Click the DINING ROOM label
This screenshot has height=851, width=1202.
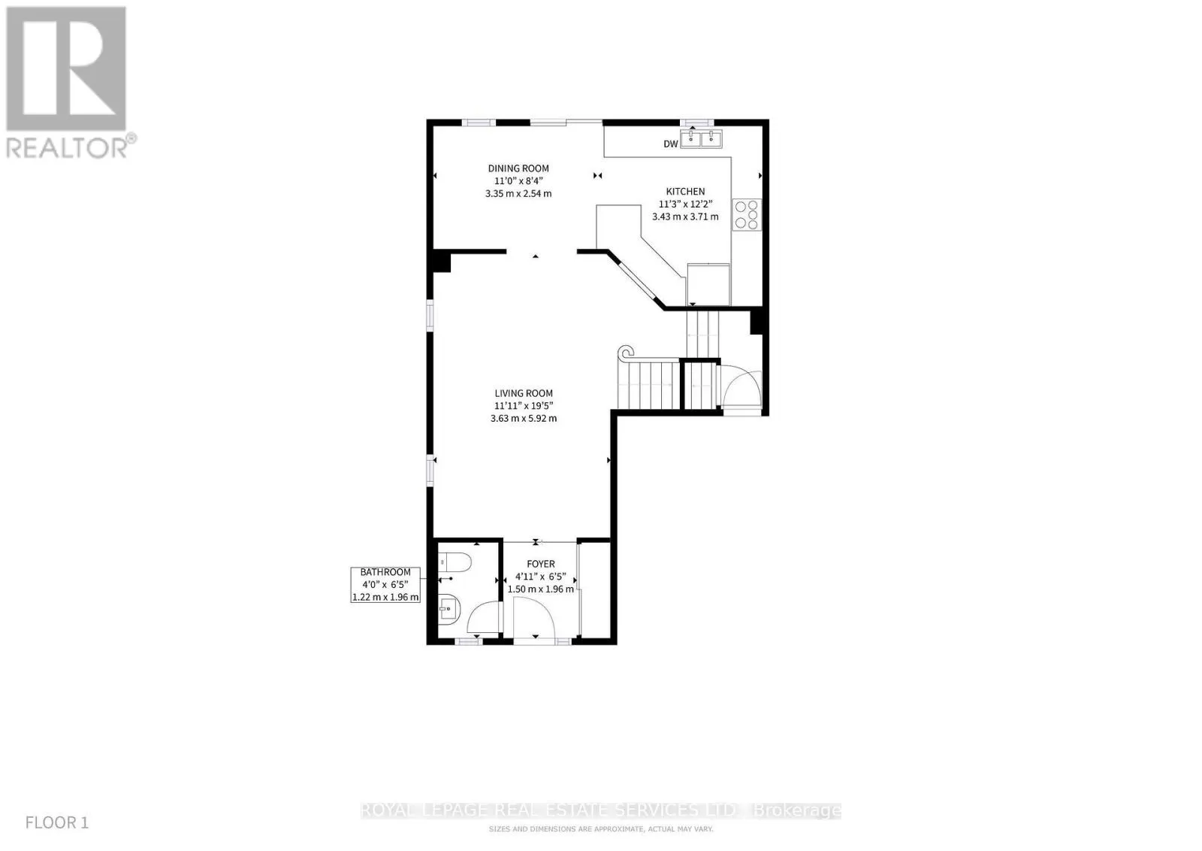(x=518, y=168)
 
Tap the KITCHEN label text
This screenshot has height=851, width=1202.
(x=685, y=191)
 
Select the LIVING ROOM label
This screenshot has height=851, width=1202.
(x=524, y=393)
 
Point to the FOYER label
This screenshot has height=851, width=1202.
(x=540, y=564)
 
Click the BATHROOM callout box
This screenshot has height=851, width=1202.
(x=385, y=585)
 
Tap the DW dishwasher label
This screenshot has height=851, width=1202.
(x=671, y=144)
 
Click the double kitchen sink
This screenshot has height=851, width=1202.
(x=702, y=138)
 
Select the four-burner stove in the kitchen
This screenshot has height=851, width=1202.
(x=747, y=215)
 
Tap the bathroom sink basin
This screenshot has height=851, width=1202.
(x=450, y=608)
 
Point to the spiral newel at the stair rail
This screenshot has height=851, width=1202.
(x=626, y=353)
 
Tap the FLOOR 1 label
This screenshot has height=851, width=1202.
(x=57, y=822)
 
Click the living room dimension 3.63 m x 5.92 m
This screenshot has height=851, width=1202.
(x=524, y=418)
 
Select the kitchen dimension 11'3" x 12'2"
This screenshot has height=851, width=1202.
(x=685, y=204)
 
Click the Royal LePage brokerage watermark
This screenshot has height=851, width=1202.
(x=601, y=810)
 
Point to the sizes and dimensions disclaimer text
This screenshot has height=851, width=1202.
(x=601, y=829)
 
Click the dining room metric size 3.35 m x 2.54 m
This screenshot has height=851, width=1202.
(x=518, y=194)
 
